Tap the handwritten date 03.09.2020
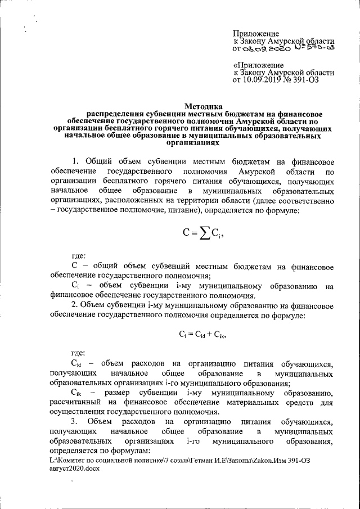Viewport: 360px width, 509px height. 267,49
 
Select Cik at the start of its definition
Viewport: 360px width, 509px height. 77,393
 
